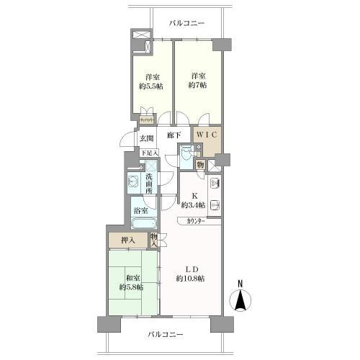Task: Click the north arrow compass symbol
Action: pos(241,297)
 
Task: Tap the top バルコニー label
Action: pos(187,22)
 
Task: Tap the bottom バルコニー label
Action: pos(166,334)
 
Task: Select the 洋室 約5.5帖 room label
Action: pos(152,82)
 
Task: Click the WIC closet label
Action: pos(204,134)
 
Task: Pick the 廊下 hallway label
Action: pos(174,135)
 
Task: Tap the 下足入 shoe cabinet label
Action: pos(148,153)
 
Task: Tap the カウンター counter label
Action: pos(194,220)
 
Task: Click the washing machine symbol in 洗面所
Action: pos(133,181)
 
